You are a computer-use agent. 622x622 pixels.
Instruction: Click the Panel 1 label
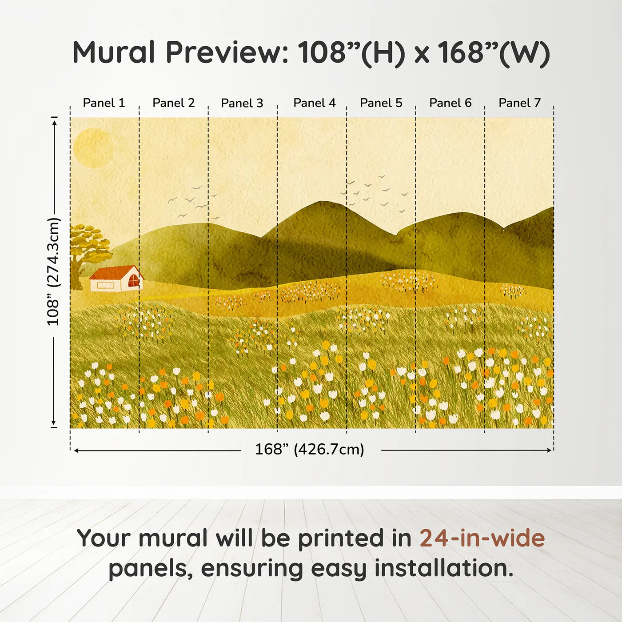(104, 103)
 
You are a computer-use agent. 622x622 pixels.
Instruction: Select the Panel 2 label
(174, 103)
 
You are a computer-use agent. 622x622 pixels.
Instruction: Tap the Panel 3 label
(242, 103)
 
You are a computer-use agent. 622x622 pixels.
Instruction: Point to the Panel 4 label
(315, 103)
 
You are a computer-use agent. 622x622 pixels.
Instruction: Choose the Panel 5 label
(381, 103)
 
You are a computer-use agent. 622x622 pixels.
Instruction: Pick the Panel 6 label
(451, 103)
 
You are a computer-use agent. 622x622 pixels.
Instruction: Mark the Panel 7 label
(520, 103)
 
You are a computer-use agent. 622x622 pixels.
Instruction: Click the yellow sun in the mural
(93, 148)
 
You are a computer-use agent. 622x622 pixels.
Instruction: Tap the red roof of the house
(115, 272)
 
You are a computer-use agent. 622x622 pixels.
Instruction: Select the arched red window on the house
(133, 281)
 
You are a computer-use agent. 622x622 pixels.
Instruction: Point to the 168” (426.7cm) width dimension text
(310, 450)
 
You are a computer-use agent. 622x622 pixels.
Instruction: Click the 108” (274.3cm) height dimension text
(53, 272)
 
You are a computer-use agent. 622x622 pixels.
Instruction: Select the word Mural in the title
(114, 52)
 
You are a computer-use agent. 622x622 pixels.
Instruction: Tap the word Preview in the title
(227, 52)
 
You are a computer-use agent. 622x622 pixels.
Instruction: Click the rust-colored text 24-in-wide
(482, 538)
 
